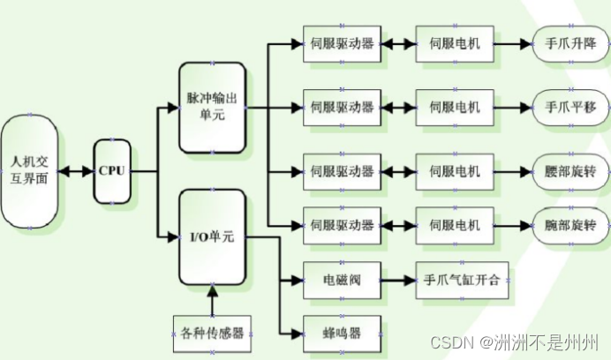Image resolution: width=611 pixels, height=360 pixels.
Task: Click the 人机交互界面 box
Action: click(30, 170)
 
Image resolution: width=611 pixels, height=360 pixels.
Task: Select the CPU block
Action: click(112, 170)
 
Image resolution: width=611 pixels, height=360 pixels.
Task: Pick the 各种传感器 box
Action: click(212, 333)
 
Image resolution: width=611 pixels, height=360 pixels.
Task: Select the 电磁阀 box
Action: click(342, 281)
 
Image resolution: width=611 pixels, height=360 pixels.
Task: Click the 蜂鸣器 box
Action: click(342, 333)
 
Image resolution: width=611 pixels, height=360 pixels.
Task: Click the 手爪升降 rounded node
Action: click(570, 43)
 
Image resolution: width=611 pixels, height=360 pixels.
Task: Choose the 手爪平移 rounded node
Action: click(570, 107)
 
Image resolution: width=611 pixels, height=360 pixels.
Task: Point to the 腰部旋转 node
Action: click(570, 170)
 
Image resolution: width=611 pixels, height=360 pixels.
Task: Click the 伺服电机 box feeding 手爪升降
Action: click(454, 43)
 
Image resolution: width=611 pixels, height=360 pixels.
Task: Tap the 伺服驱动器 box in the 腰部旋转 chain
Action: click(342, 170)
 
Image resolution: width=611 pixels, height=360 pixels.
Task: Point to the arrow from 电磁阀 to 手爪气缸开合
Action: click(398, 281)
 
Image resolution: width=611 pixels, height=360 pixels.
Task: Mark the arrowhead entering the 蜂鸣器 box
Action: click(297, 333)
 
